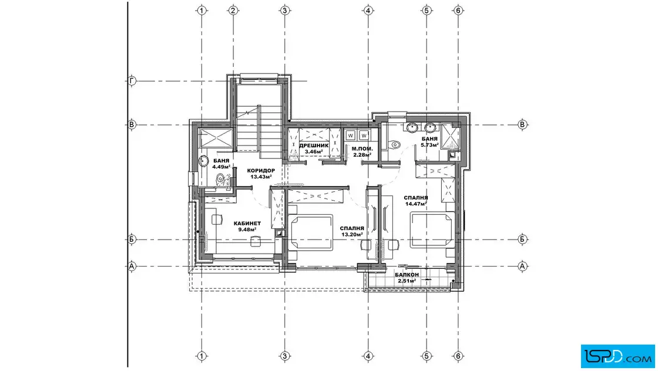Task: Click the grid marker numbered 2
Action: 233,11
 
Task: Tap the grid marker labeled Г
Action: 132,81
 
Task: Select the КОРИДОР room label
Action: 261,171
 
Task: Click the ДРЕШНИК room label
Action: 314,146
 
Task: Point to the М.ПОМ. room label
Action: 362,149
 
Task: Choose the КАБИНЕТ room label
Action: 247,224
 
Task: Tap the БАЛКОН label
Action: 407,275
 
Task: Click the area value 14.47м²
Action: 416,204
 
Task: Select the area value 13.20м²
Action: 352,235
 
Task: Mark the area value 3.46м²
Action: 314,152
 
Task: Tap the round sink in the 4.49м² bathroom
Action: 204,161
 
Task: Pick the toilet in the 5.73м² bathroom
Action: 394,145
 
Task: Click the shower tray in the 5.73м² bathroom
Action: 451,137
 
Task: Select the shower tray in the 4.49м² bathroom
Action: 216,138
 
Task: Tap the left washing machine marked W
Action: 350,136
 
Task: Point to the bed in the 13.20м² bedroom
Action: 311,232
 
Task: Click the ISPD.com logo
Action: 617,356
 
